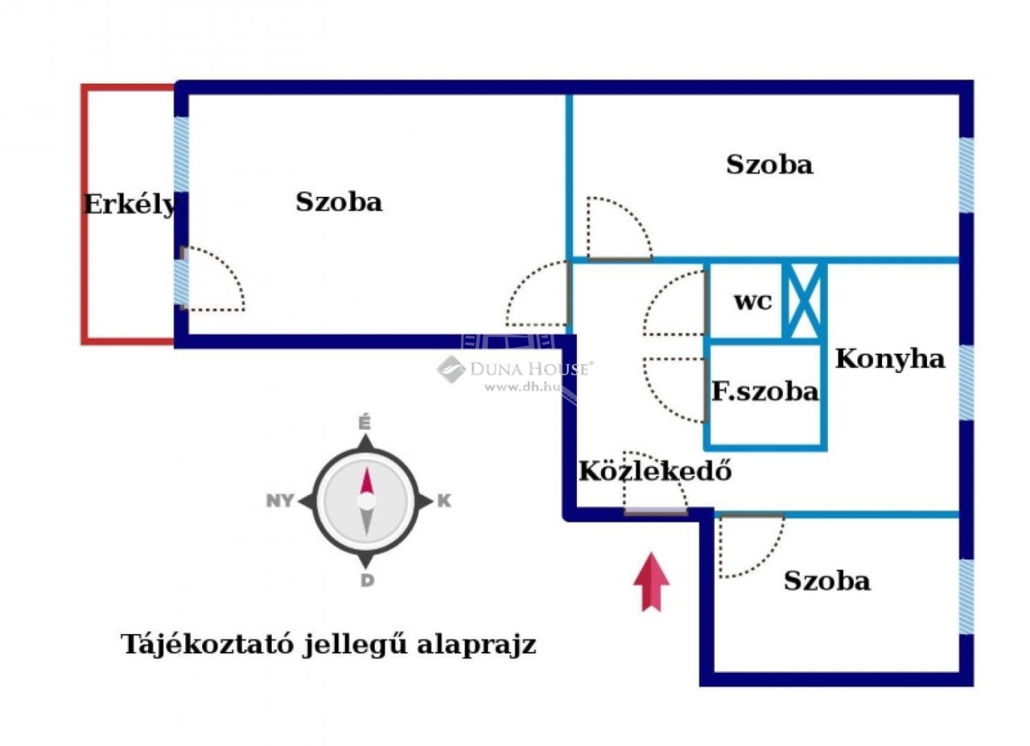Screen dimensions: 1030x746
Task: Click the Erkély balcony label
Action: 130,205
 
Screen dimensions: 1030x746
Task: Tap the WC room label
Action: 753,301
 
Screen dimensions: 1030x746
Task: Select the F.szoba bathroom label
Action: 765,391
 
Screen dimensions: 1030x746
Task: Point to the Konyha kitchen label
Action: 890,359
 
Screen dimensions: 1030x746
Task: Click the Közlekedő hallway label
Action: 655,470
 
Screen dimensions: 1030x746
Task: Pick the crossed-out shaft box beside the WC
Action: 804,301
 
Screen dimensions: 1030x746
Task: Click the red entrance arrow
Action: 651,582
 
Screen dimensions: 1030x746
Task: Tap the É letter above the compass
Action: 365,422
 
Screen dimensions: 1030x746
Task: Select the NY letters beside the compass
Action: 280,500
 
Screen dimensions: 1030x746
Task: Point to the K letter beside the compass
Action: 443,500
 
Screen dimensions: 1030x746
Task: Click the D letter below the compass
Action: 367,580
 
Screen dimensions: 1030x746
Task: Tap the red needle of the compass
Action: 366,482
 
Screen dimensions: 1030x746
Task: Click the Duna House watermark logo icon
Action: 451,369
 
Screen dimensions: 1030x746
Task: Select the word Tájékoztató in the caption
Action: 208,644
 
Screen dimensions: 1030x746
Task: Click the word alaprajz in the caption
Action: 476,646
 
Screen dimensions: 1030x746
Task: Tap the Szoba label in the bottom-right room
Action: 827,580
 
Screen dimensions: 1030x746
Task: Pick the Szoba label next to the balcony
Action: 339,202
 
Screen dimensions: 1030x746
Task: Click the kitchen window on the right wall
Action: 966,382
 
